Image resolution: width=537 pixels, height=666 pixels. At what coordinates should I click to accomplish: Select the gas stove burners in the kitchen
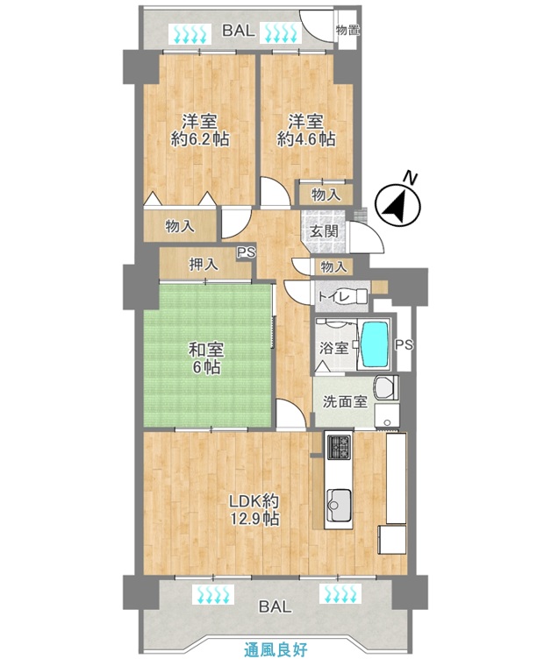click(x=339, y=447)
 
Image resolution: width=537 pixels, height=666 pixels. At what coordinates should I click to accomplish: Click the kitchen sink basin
click(x=339, y=505)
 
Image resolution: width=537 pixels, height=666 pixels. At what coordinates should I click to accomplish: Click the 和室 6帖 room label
click(x=206, y=358)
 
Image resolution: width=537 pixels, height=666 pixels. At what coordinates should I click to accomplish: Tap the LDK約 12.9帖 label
click(x=254, y=510)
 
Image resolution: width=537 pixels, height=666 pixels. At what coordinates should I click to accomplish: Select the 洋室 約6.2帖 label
click(x=200, y=131)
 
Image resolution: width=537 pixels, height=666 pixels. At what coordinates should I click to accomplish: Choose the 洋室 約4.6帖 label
click(x=305, y=131)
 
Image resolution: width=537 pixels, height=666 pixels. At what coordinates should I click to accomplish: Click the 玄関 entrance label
click(x=325, y=231)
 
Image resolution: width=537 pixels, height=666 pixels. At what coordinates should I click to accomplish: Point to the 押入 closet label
click(x=204, y=265)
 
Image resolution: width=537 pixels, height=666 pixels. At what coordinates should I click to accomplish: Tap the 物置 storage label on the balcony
click(x=347, y=30)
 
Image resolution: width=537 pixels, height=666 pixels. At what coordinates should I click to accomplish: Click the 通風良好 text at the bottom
click(x=276, y=649)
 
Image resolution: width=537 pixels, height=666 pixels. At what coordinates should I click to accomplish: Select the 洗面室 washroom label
click(x=345, y=402)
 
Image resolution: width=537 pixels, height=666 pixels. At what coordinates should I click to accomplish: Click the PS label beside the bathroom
click(x=404, y=345)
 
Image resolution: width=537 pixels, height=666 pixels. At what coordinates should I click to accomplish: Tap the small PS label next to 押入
click(x=247, y=252)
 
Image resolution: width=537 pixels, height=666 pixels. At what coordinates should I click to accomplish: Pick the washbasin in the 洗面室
click(x=386, y=387)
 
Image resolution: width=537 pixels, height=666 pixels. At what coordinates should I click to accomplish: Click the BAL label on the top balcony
click(x=239, y=31)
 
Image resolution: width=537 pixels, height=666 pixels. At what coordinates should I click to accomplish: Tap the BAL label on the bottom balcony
click(x=276, y=606)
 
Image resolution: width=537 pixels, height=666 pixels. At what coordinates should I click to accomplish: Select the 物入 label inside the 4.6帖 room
click(x=326, y=195)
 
